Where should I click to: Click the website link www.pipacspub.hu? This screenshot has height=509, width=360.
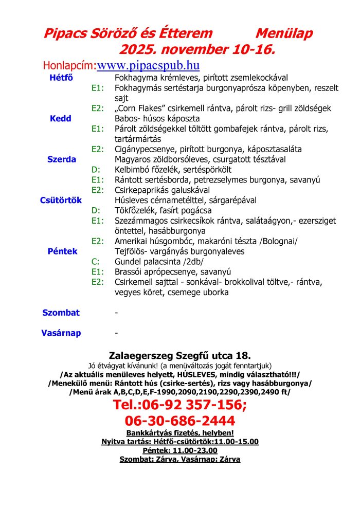coord(148,66)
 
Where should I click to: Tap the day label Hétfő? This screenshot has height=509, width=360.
coord(61,78)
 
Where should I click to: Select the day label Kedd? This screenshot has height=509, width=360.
coord(60,119)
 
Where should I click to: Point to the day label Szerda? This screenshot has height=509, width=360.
coord(62,159)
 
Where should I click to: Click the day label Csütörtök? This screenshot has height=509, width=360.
coord(61,201)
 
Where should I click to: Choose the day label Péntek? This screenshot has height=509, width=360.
coord(62,251)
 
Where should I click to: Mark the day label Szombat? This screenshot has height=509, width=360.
coord(61,312)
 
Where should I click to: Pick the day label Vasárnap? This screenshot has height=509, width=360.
coord(61,333)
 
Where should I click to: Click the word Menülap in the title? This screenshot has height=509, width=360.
coord(284,34)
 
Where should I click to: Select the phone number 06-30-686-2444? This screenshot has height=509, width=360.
coord(180,420)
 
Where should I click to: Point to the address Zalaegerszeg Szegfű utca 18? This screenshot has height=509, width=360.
coord(180,355)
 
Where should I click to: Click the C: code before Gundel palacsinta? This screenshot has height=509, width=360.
coord(95,262)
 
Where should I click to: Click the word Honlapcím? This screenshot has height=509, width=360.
coord(69,66)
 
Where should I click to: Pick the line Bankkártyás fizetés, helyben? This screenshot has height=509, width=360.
coord(180,433)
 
